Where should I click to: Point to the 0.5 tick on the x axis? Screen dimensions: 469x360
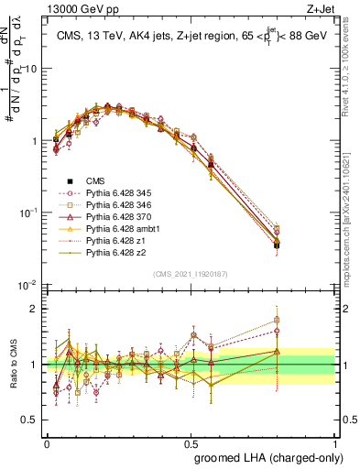tap(190, 442)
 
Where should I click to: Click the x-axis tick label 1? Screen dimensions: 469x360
tap(333, 442)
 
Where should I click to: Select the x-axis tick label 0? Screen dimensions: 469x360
tap(47, 442)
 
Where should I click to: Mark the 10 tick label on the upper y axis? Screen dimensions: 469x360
tap(31, 69)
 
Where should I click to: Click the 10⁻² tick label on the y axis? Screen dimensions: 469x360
tap(27, 285)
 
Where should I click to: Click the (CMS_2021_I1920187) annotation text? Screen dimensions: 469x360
tap(191, 274)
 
